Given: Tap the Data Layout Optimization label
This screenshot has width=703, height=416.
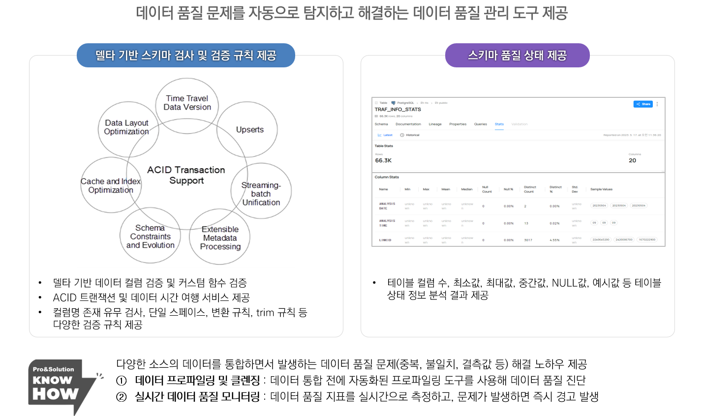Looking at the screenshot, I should click(126, 127).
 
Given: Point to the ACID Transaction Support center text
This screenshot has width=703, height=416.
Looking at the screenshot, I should click(186, 175).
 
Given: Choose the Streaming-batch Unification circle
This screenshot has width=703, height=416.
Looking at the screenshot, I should click(261, 193).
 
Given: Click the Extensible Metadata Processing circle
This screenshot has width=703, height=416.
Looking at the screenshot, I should click(220, 238).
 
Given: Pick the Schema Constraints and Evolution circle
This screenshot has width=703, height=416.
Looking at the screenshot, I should click(150, 237).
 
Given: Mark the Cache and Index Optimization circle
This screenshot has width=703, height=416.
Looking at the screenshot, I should click(111, 185).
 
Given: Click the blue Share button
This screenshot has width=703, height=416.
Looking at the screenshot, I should click(643, 104).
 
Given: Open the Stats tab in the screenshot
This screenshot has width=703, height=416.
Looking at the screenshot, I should click(499, 124).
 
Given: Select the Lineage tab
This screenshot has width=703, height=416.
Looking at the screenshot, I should click(435, 124).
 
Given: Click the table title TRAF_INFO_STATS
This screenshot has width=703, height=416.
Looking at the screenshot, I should click(398, 110).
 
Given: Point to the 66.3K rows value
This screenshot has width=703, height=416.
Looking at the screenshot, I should click(383, 161).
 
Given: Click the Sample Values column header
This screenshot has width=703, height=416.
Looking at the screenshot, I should click(601, 189).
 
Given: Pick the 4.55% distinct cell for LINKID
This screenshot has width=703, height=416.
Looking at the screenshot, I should click(554, 240).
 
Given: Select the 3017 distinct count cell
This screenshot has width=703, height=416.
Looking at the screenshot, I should click(528, 240).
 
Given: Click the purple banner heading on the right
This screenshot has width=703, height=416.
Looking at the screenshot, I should click(517, 56).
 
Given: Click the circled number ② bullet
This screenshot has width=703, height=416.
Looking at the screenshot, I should click(122, 397).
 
